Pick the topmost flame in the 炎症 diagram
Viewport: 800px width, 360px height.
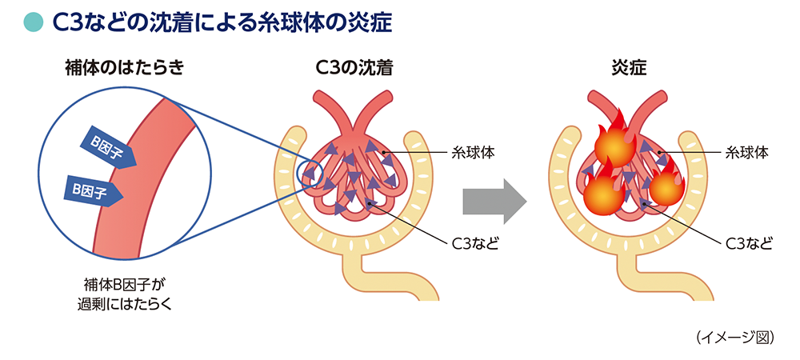click(x=614, y=145)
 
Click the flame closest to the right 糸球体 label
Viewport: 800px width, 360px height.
click(x=666, y=186)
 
